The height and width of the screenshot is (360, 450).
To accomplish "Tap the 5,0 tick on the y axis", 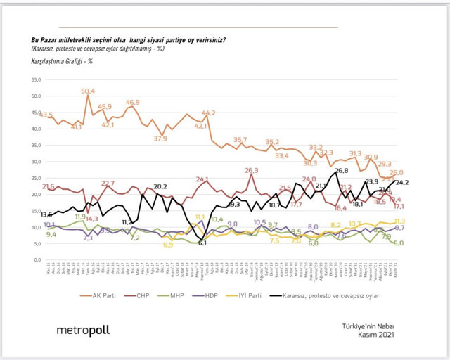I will (x=34, y=244).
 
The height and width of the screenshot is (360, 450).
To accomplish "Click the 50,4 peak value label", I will (x=89, y=91).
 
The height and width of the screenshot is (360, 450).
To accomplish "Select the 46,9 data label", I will (x=132, y=102).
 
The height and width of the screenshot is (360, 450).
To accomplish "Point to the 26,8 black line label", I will (x=342, y=170).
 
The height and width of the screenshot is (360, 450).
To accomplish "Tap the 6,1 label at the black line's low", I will (x=202, y=243).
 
